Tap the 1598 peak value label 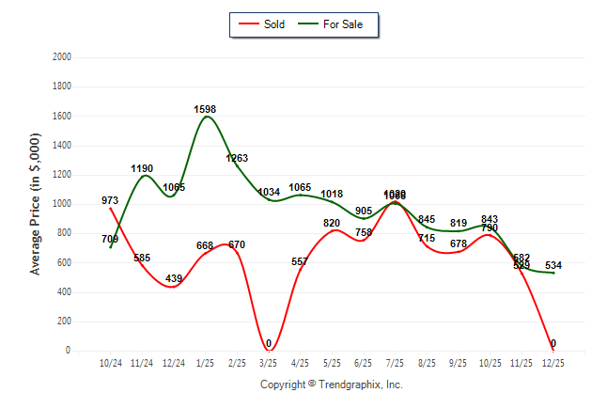click(205, 109)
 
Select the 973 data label click(110, 200)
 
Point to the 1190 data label click(142, 168)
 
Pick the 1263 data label click(237, 158)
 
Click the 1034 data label click(269, 192)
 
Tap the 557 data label click(301, 261)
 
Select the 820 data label click(332, 223)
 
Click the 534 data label click(553, 265)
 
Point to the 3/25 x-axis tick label click(269, 362)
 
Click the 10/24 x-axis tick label click(111, 362)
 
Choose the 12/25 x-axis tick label click(553, 362)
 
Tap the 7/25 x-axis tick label click(396, 362)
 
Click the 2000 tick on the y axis click(62, 57)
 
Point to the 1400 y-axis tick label click(62, 146)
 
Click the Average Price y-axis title click(36, 204)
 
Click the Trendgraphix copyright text click(331, 384)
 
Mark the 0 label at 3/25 click(269, 343)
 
